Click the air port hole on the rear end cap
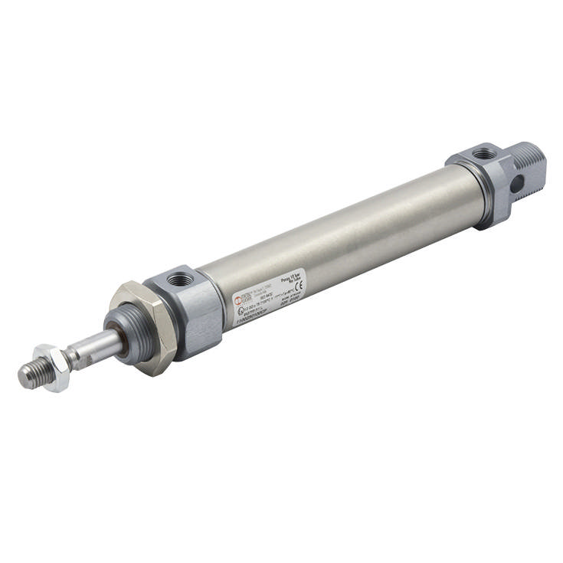tap(483, 154)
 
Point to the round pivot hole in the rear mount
tap(518, 183)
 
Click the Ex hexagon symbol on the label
tap(240, 309)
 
